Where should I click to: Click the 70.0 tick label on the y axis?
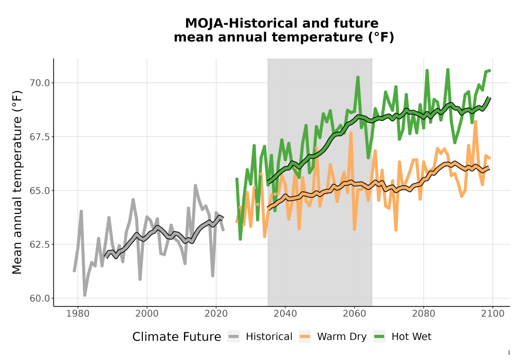point(40,83)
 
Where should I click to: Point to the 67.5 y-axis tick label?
point(40,137)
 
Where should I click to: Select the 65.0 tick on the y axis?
point(40,191)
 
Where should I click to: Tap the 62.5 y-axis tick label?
point(40,245)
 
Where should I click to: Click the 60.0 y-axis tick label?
point(40,299)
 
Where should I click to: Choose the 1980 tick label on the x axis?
point(78,314)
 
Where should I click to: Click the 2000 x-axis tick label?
point(147,314)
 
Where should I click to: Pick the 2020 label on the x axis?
point(216,314)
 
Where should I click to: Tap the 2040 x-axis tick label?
point(285,314)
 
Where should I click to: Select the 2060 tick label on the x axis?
point(354,314)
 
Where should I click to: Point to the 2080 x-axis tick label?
point(424,314)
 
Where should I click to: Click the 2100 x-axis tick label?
point(493,314)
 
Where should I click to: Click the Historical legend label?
point(269,337)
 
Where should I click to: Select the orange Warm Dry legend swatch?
point(305,337)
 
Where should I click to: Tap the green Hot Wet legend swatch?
point(379,337)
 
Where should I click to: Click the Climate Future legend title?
point(177,337)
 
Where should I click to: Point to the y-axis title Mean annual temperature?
point(17,182)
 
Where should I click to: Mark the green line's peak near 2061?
point(358,77)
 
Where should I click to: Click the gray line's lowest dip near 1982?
point(85,295)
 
